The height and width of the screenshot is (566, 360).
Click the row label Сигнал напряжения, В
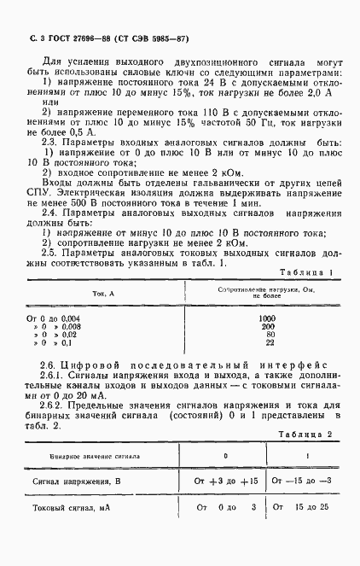click(76, 482)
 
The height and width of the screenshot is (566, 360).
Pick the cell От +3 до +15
click(226, 481)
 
